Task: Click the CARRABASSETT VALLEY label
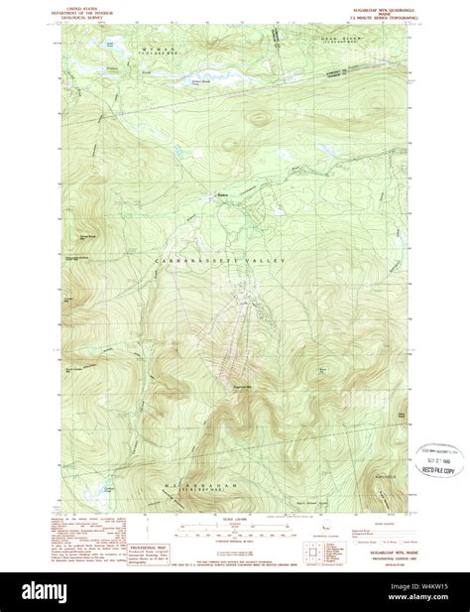tap(219, 260)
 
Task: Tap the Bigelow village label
tap(225, 195)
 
